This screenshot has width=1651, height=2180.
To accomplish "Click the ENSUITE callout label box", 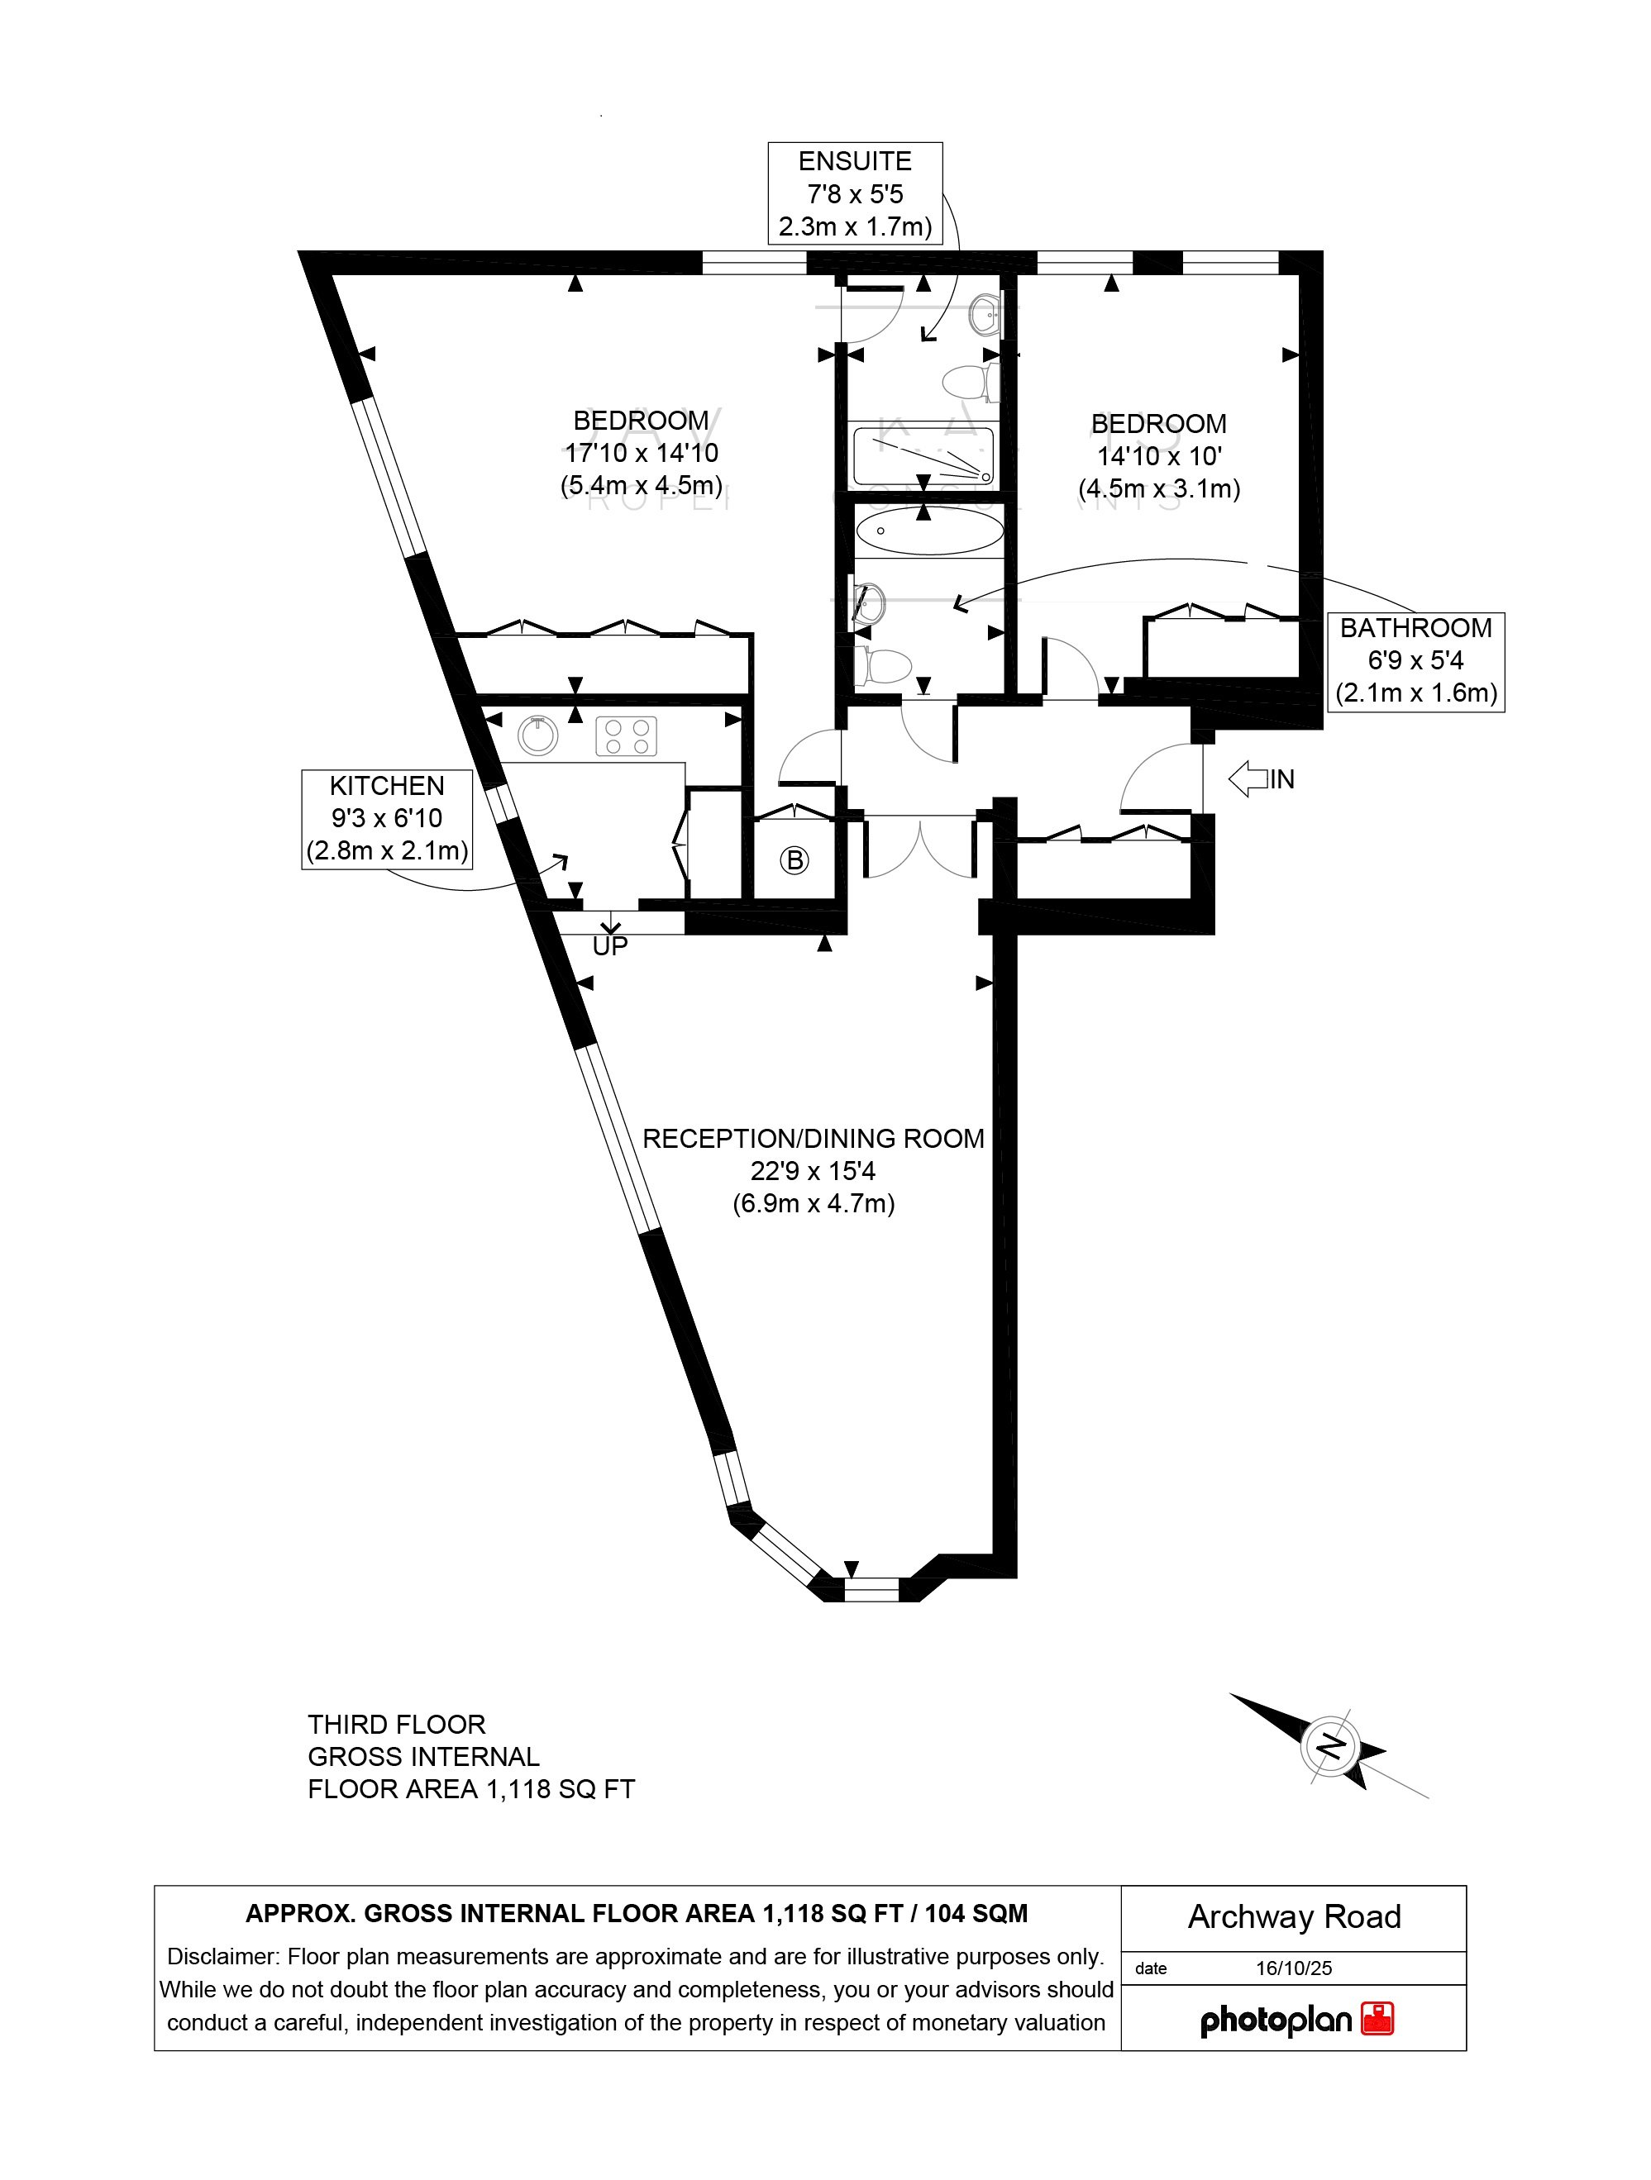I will point(855,193).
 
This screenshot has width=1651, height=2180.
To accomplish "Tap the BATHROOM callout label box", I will point(1415,660).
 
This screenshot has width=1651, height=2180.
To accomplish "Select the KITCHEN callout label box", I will point(386,818).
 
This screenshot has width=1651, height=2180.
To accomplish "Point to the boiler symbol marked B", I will point(794,860).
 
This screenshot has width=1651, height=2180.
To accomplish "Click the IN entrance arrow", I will point(1262,778).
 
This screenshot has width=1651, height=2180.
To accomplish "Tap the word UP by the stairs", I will point(610,946).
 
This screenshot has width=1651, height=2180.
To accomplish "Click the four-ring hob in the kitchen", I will point(626,736).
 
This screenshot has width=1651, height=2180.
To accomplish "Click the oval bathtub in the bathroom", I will point(928,531).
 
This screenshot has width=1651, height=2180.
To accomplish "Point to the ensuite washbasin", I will point(985,316).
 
